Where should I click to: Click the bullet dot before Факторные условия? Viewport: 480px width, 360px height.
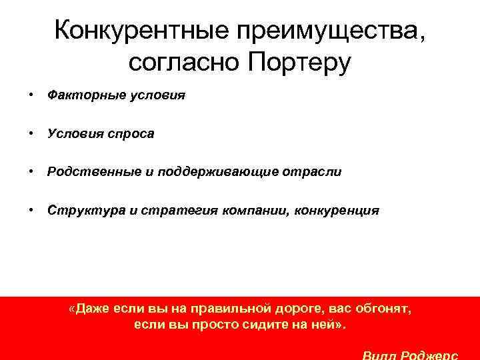[31, 95]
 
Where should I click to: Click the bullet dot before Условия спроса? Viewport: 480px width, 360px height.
[31, 133]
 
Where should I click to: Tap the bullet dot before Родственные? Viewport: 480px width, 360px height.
[31, 171]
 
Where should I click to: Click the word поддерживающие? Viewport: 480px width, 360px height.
[214, 171]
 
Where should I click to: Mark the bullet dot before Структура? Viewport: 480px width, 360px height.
[31, 210]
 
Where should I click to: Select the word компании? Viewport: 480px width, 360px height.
[251, 210]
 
